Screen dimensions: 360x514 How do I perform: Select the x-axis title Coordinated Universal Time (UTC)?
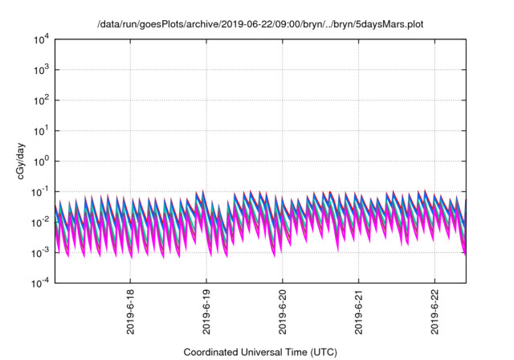(260, 352)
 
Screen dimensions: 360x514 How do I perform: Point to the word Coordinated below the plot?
(212, 352)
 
